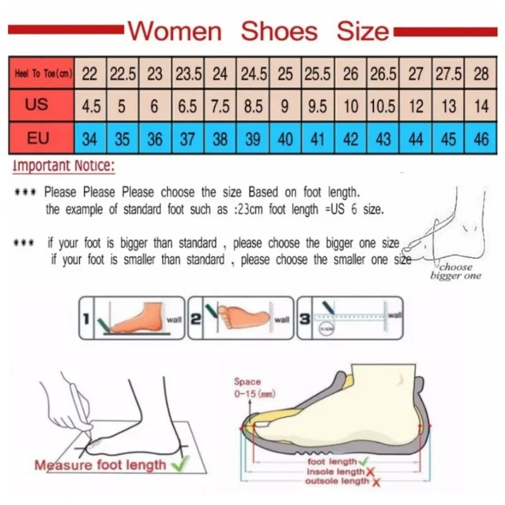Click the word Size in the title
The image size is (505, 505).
pyautogui.click(x=362, y=30)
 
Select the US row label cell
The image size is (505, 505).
pyautogui.click(x=38, y=105)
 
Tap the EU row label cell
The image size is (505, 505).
pyautogui.click(x=38, y=137)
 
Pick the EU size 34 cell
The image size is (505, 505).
pyautogui.click(x=90, y=138)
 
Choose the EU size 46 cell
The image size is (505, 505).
pyautogui.click(x=481, y=138)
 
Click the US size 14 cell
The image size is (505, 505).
pyautogui.click(x=481, y=106)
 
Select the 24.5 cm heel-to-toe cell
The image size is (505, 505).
pyautogui.click(x=253, y=74)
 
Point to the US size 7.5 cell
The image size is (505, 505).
pyautogui.click(x=220, y=106)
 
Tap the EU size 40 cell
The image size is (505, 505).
pyautogui.click(x=285, y=138)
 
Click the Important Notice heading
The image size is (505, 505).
pyautogui.click(x=64, y=167)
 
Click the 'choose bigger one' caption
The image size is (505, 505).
pyautogui.click(x=456, y=271)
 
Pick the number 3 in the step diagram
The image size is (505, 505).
pyautogui.click(x=304, y=318)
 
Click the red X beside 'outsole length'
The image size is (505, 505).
pyautogui.click(x=376, y=482)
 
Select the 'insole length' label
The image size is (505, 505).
pyautogui.click(x=335, y=472)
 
